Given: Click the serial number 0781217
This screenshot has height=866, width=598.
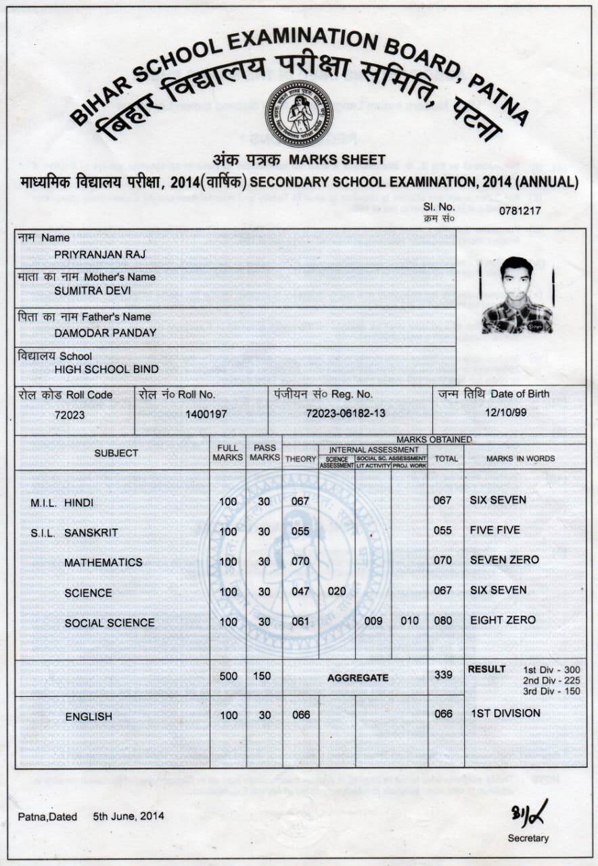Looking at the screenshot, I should click(x=520, y=210).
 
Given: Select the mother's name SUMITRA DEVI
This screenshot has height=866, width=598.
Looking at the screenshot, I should click(x=93, y=291).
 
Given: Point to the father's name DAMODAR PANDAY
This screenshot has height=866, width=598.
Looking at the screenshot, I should click(x=106, y=332).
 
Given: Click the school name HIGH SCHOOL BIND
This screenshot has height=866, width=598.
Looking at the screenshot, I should click(x=107, y=369).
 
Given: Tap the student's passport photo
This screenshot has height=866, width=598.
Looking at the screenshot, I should click(x=517, y=296).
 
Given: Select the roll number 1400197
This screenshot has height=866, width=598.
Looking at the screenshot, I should click(x=206, y=414).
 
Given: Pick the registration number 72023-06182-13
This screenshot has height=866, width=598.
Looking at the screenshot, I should click(x=346, y=413).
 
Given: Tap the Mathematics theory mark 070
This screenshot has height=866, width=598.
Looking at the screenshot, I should click(x=300, y=561).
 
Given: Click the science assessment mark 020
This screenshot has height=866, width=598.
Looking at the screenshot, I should click(x=337, y=591).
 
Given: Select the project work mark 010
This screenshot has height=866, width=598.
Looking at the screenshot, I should click(x=410, y=621).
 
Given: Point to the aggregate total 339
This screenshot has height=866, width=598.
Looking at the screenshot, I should click(x=443, y=676).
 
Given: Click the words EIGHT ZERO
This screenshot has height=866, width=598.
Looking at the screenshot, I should click(x=503, y=620).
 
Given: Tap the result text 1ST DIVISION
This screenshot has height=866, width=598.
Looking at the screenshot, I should click(x=505, y=713).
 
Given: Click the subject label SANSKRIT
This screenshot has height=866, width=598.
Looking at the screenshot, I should click(x=91, y=532).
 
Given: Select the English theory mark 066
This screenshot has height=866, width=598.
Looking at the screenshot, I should click(x=300, y=714).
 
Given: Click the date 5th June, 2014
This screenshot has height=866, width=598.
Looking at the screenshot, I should click(x=129, y=816).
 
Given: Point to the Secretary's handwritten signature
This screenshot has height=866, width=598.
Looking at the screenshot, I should click(x=529, y=811).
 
